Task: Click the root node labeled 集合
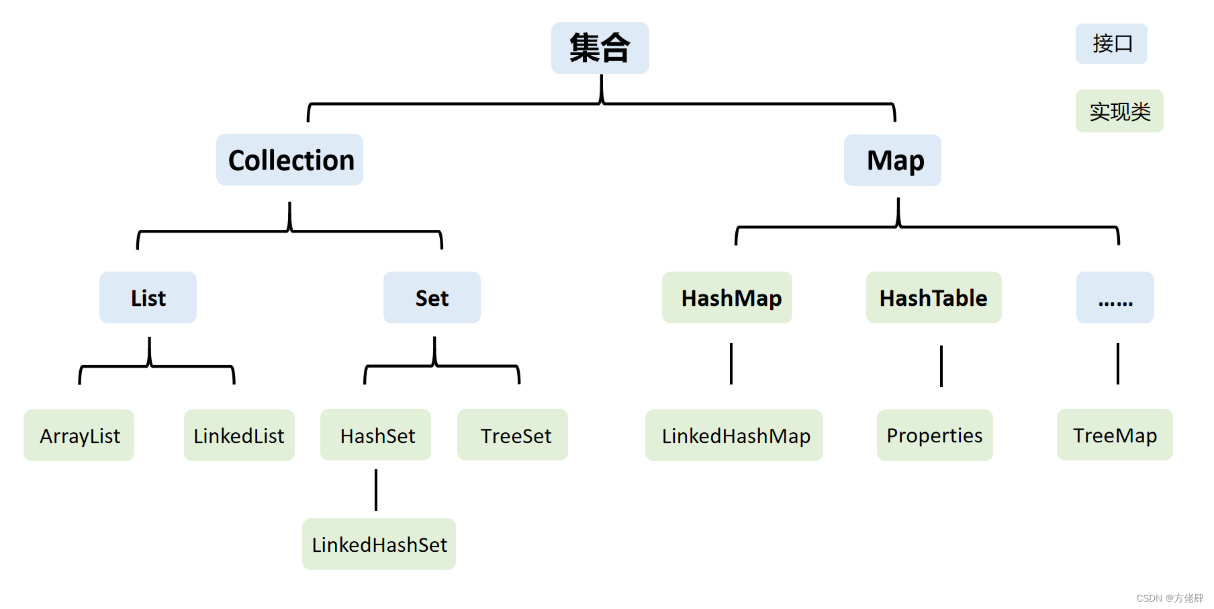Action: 600,48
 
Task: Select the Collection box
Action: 289,160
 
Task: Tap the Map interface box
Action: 892,160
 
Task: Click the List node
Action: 148,298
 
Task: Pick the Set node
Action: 432,298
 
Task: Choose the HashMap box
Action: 727,298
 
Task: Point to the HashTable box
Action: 933,298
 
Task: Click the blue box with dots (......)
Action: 1115,298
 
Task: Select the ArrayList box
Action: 79,436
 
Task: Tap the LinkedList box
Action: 239,436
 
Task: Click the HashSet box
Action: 376,435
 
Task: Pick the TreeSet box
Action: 512,435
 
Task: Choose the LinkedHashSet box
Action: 379,544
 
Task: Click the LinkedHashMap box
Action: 734,436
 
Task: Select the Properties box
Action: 935,436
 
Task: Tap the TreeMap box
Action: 1115,435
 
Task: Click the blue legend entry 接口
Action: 1111,44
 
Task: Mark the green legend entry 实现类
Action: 1119,111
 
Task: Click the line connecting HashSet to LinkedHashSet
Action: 376,490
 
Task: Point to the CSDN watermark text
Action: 1170,598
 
